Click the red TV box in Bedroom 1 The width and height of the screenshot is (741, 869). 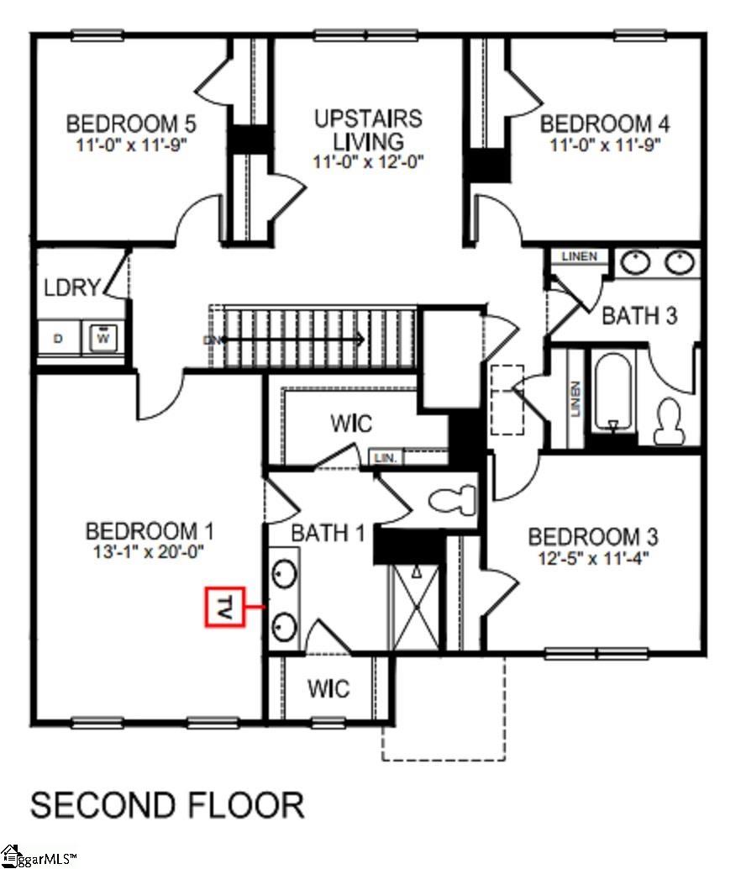pos(225,607)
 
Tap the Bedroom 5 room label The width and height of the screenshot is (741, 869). pos(131,124)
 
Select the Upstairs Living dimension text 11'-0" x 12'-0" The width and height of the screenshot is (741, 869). pos(368,162)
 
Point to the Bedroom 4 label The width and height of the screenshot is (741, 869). pos(605,124)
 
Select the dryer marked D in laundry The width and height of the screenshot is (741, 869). pos(58,339)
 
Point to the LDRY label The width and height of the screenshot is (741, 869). pos(71,287)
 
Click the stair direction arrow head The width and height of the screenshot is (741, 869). pos(360,340)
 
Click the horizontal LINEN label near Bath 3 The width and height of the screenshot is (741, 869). pos(580,256)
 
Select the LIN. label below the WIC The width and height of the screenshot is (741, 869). pos(386,458)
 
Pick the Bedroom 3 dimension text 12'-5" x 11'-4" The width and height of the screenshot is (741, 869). pos(593,556)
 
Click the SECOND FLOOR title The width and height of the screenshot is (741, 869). pos(167,804)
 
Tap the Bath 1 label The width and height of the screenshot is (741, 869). pos(328,533)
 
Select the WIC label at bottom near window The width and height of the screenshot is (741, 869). pos(328,689)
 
